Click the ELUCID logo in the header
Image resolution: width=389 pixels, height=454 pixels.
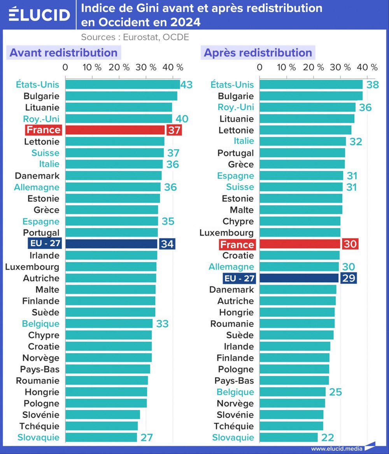coord(39,15)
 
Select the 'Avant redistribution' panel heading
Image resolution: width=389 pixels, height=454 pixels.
coord(63,53)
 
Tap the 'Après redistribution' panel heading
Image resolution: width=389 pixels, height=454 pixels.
coord(258,53)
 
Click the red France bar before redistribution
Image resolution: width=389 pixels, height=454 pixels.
coord(115,130)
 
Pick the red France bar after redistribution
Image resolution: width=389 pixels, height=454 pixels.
coord(300,244)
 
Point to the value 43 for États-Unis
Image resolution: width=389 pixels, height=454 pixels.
coord(187,84)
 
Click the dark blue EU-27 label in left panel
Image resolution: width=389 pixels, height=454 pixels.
coord(44,244)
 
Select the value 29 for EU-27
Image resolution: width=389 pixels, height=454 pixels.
coord(348,278)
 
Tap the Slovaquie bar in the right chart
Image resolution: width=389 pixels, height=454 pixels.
coord(289,437)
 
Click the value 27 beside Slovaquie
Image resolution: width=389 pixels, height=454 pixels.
coord(147,437)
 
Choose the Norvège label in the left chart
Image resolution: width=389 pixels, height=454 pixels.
coord(41,358)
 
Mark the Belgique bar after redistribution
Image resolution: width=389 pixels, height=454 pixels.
coord(293,392)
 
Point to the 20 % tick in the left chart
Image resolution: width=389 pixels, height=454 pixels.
coord(119,67)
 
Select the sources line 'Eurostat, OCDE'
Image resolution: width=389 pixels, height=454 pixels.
coord(135,37)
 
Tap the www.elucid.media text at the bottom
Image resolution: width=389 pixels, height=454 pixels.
coord(337,449)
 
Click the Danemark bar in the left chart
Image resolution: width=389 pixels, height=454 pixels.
coord(113,176)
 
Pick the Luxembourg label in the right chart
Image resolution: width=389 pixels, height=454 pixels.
coord(226,233)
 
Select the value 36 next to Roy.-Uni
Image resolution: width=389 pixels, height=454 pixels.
coord(365,107)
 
